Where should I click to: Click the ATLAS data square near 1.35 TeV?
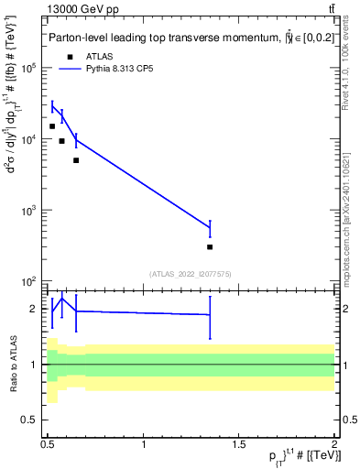click(210, 246)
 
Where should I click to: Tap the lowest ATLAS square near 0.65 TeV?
click(76, 160)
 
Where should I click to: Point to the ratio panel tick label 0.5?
click(30, 420)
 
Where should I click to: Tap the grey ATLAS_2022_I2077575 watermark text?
click(191, 273)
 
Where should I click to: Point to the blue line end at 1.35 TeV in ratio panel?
click(210, 315)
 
